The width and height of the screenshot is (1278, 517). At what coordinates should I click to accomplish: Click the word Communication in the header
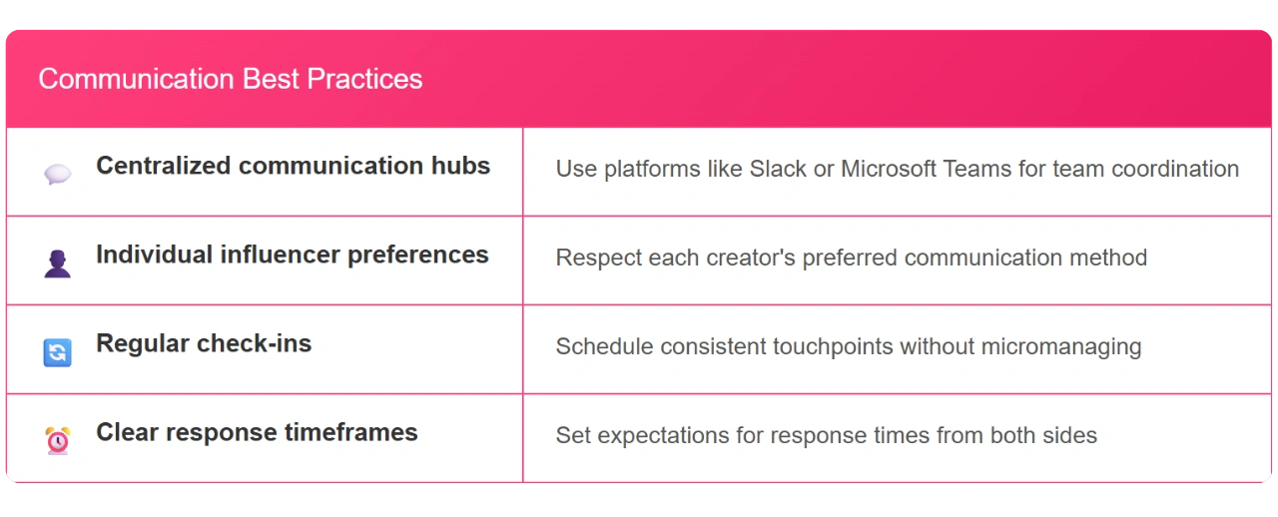point(137,79)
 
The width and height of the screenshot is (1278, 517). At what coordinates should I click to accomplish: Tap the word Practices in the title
point(364,79)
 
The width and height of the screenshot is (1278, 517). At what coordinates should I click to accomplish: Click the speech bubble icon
point(58,174)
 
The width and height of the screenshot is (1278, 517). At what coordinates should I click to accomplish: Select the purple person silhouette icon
point(58,263)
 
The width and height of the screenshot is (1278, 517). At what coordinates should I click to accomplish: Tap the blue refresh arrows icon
point(58,352)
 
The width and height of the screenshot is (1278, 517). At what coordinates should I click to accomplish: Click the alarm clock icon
point(58,440)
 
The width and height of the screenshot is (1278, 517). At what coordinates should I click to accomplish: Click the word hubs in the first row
point(460,166)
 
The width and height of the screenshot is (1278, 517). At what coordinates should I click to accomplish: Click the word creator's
point(750,258)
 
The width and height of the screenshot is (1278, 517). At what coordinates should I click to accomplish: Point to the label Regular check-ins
point(204,344)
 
